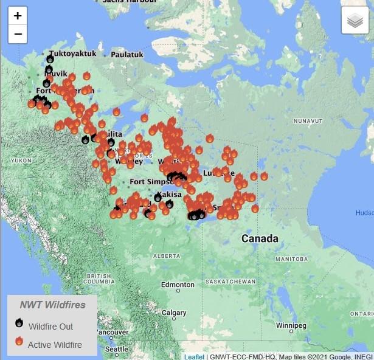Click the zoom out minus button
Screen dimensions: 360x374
(18, 33)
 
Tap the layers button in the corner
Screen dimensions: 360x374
(355, 21)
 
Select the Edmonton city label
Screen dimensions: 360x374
(178, 285)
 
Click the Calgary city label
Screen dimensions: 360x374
(174, 313)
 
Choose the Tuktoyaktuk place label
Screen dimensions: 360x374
(73, 54)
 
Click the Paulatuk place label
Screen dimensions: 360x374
(127, 55)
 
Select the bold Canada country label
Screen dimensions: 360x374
(260, 238)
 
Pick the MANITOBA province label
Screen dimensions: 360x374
(291, 259)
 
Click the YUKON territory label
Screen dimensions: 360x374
(21, 160)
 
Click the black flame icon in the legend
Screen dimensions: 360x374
(19, 324)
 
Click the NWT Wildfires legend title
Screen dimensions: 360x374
(52, 305)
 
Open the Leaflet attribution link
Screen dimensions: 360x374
(195, 356)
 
